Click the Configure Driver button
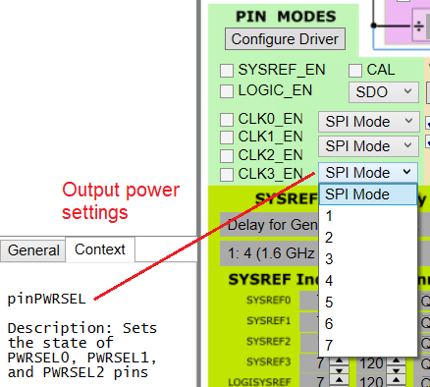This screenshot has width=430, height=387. [x=284, y=39]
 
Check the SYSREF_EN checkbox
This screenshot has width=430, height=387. [x=227, y=71]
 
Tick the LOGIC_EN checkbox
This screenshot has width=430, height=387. [x=227, y=90]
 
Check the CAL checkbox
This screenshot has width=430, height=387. [x=355, y=71]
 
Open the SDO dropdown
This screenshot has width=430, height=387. [x=384, y=92]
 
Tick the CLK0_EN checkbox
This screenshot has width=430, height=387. [x=227, y=120]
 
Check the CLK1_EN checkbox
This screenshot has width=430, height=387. [x=227, y=138]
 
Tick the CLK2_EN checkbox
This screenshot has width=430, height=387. [x=227, y=155]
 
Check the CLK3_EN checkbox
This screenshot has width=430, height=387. [x=227, y=173]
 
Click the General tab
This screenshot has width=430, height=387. [x=33, y=249]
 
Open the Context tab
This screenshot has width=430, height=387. [x=100, y=249]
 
